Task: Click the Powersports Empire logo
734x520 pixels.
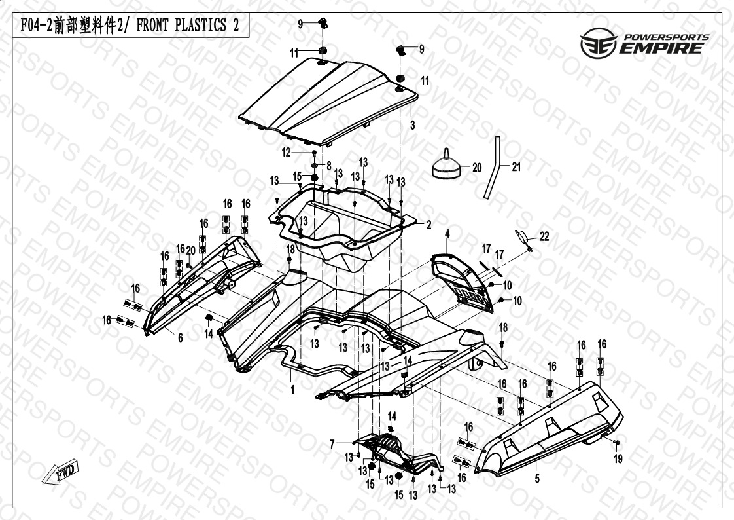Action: [x=644, y=43]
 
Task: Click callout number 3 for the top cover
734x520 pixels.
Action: [x=412, y=123]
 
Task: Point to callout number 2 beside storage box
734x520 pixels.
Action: [x=429, y=225]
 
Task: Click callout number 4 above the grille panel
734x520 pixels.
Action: [x=448, y=234]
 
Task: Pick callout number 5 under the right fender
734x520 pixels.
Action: [x=537, y=479]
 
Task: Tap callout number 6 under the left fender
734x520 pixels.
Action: [x=180, y=337]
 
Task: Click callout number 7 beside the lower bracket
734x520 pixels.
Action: [x=332, y=444]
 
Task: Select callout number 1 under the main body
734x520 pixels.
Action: [x=292, y=390]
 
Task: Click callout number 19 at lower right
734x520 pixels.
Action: [x=619, y=460]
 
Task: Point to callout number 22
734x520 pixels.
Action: [x=544, y=236]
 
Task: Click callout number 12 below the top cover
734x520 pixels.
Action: [x=304, y=152]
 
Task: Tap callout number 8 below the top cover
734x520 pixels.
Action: [x=328, y=165]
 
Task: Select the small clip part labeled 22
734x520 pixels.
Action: [x=523, y=236]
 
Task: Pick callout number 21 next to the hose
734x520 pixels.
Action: [x=516, y=167]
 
